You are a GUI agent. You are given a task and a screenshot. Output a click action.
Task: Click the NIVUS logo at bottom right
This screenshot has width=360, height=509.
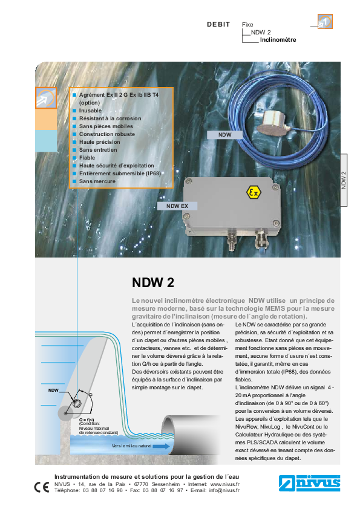[x=309, y=483]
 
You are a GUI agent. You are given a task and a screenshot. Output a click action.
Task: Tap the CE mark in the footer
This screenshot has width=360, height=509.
[x=42, y=487]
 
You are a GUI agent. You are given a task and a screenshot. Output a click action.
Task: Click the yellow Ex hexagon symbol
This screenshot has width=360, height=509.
[x=254, y=192]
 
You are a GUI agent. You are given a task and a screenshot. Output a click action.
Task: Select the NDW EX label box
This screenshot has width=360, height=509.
[x=177, y=206]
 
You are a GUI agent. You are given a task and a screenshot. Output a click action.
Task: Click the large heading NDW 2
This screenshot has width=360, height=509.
[x=152, y=282]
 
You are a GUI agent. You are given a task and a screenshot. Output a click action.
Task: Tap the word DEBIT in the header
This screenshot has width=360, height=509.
[x=218, y=24]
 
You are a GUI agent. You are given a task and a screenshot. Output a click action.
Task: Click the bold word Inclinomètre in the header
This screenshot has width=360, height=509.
[x=278, y=40]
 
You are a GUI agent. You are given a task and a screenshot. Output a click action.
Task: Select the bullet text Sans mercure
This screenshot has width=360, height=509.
[x=97, y=181]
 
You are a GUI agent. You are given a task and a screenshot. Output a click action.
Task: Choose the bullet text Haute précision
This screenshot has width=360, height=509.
[x=99, y=142]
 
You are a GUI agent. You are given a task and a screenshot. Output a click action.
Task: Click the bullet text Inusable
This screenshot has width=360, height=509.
[x=90, y=111]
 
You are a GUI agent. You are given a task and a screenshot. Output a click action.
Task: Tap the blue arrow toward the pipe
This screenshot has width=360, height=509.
[x=161, y=446]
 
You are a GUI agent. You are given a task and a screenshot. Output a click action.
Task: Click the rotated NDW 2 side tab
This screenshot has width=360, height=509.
[x=344, y=180]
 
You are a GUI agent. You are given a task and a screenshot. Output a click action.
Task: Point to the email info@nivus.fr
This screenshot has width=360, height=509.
[x=224, y=490]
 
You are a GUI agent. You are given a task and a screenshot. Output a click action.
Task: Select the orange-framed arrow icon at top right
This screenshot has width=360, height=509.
[x=325, y=21]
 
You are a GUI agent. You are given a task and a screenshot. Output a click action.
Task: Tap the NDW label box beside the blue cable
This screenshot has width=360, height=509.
[x=225, y=135]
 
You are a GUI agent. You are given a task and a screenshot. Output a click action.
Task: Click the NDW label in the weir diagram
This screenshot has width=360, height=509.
[x=53, y=390]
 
